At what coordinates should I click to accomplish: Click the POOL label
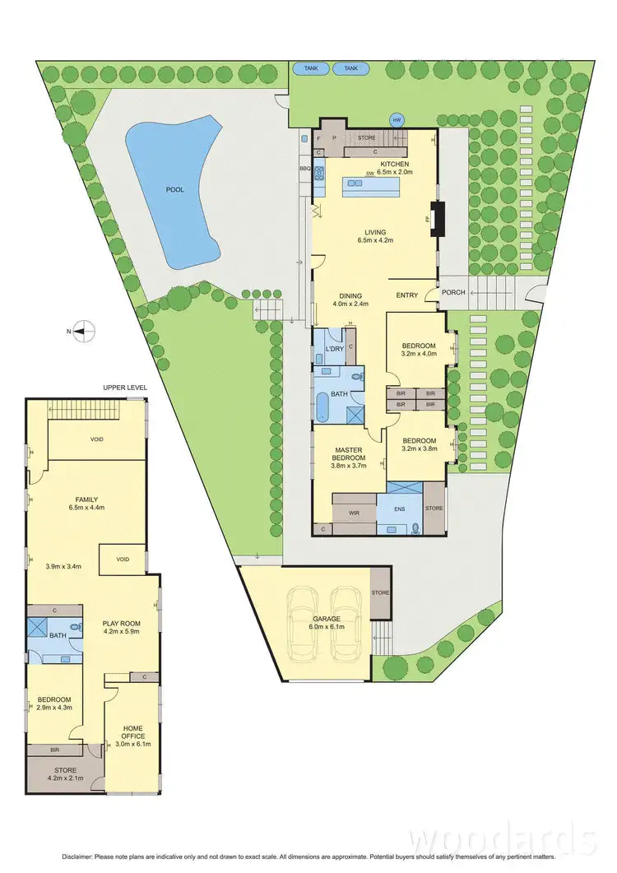coord(174,189)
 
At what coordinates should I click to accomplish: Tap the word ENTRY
coord(407,295)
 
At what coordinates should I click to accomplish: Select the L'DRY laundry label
coord(334,350)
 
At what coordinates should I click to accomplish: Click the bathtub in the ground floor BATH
coord(322,408)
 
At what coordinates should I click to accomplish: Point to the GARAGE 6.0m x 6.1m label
coord(326,623)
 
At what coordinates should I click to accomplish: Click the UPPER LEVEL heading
coord(123,387)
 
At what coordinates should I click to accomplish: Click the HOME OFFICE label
coord(132,731)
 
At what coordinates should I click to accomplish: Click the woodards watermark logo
coord(503,839)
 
